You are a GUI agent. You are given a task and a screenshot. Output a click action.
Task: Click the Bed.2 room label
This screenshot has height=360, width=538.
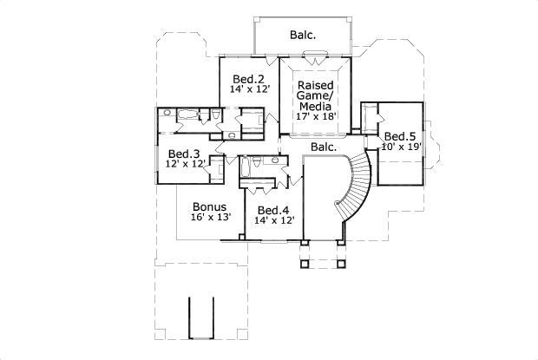pos(248,79)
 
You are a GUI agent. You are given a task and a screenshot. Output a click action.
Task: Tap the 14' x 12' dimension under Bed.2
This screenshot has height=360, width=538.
pos(248,89)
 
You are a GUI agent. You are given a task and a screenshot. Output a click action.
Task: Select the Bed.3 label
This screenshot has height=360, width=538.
pos(184,154)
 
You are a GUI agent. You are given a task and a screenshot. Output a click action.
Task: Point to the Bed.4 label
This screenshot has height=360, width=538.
pos(273,210)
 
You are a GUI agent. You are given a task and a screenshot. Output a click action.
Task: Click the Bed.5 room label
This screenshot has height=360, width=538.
pos(400,136)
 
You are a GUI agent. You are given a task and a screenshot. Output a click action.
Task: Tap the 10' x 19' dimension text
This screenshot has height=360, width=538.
pos(402,147)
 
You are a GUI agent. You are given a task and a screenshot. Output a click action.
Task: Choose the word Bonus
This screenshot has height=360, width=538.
pos(210,206)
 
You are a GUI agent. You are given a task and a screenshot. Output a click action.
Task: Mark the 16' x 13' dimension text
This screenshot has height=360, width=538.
pos(211,217)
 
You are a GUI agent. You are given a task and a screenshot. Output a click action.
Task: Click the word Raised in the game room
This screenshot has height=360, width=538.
pos(315,85)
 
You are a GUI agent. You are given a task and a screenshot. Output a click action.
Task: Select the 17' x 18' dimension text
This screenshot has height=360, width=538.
pos(316,116)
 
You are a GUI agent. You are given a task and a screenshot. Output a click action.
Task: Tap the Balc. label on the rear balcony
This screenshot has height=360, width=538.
pos(303,35)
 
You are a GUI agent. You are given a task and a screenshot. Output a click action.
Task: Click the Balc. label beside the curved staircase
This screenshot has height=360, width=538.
pos(324,147)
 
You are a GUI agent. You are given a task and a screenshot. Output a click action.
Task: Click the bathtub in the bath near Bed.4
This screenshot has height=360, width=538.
pos(245,167)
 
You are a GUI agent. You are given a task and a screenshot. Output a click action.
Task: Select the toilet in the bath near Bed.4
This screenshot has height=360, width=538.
pos(257,161)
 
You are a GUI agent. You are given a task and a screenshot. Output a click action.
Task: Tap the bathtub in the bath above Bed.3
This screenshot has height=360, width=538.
pos(187,114)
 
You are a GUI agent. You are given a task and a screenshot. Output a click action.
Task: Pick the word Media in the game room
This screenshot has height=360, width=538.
pos(315,106)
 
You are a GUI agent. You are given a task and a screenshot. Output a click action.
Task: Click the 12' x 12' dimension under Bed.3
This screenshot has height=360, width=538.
pos(186,164)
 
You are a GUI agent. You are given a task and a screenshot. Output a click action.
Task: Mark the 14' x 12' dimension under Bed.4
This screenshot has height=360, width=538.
pos(274,220)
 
